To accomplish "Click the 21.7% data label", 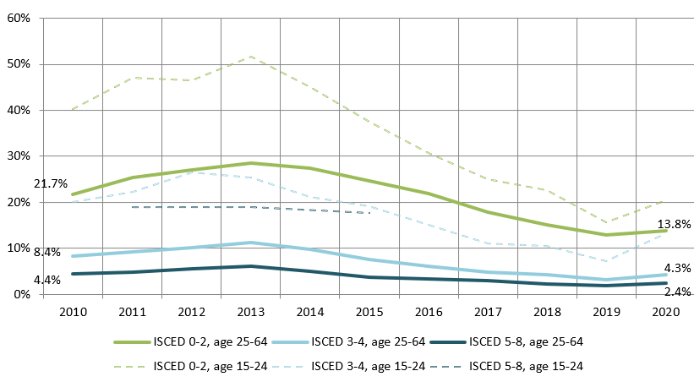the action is (51, 183).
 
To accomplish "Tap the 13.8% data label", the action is (674, 225).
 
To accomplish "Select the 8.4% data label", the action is (47, 253).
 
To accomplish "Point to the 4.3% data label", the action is (677, 268).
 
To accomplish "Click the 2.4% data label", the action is (677, 292).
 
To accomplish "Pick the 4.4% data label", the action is (47, 281).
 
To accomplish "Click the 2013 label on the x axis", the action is (251, 312).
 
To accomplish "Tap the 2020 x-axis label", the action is (666, 312).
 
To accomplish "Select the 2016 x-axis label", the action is (429, 312).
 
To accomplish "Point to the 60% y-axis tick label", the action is (19, 18).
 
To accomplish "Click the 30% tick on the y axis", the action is (19, 156).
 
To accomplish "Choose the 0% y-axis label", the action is (22, 294).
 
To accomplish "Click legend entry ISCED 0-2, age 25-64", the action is (191, 341).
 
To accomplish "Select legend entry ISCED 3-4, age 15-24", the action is (349, 367).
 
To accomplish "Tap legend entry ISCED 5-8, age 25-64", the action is (506, 341).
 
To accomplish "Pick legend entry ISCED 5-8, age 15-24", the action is (506, 367).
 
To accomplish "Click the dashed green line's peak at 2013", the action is (251, 57).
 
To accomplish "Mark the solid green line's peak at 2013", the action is (251, 163).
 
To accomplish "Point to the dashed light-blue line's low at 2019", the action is (607, 260).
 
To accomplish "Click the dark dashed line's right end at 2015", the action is (369, 213).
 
